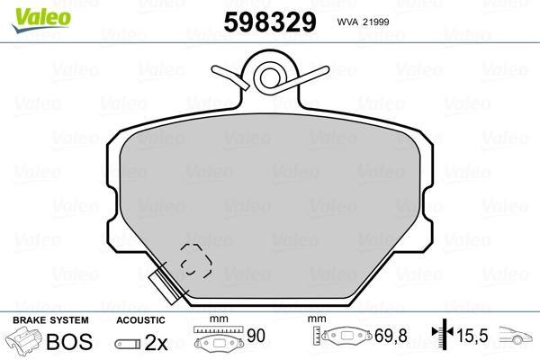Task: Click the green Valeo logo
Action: pyautogui.click(x=41, y=20)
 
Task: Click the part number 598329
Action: pyautogui.click(x=270, y=22)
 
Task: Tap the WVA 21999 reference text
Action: pyautogui.click(x=363, y=22)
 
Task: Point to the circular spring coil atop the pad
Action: pyautogui.click(x=270, y=78)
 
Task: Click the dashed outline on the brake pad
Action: pyautogui.click(x=196, y=261)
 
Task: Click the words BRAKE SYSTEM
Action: pyautogui.click(x=50, y=320)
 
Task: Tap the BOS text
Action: pyautogui.click(x=69, y=341)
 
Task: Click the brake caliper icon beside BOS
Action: pyautogui.click(x=23, y=340)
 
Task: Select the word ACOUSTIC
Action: pyautogui.click(x=140, y=320)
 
